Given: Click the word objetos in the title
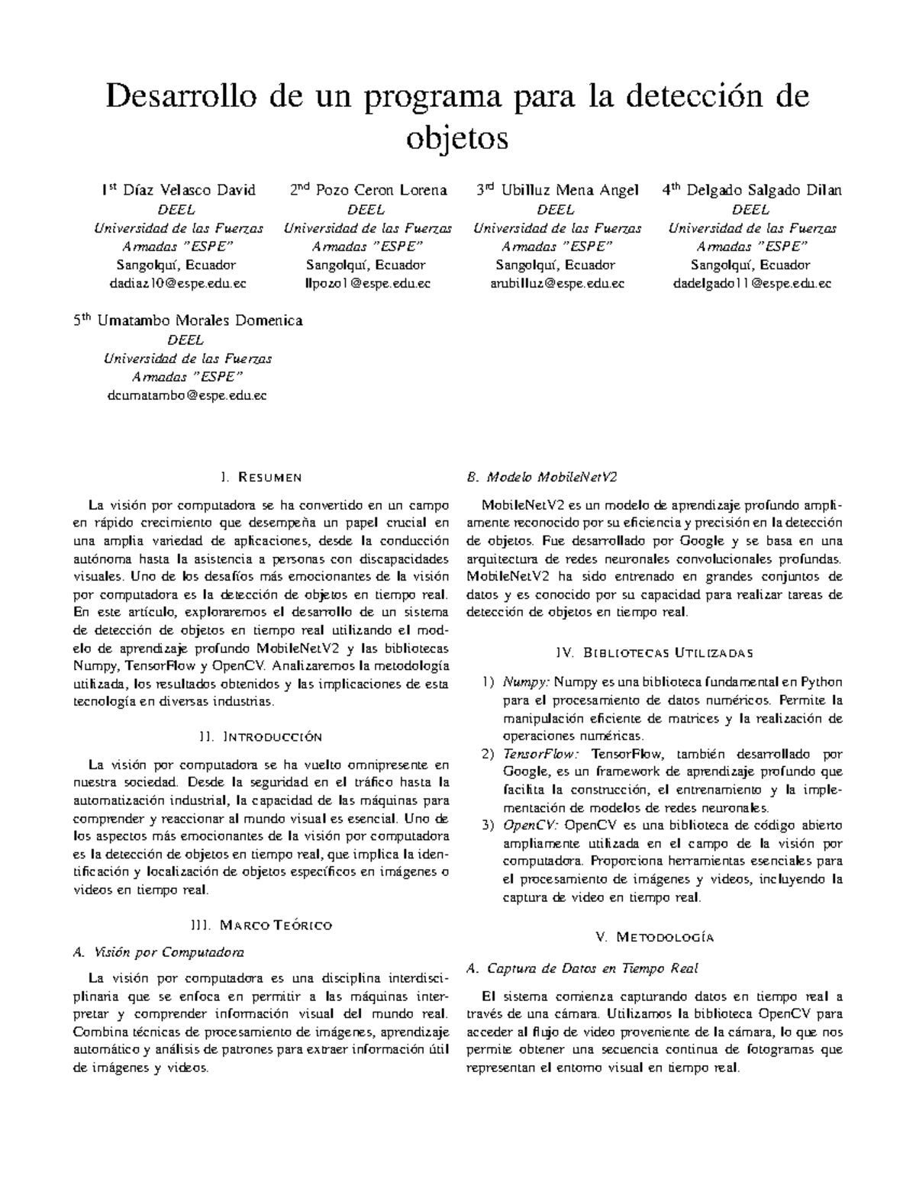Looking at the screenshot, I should pos(457,140).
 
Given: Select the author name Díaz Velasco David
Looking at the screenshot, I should pos(189,191).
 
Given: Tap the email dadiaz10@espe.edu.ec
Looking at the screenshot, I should pos(179,283).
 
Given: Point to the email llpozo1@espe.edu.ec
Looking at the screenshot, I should pos(368,283).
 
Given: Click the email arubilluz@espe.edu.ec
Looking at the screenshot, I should pos(557,283).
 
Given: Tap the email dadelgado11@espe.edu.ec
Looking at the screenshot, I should pos(752,283).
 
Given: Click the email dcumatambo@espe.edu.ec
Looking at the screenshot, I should pos(187,395).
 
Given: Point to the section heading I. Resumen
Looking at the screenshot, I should pos(260,478).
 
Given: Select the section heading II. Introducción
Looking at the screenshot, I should pos(260,737).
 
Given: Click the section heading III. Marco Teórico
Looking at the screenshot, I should pos(260,926).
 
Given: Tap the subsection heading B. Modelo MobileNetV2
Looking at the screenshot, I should pos(540,478).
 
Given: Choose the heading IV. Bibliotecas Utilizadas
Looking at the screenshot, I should pos(655,652).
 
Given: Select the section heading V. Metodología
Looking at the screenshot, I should pos(654,937).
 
